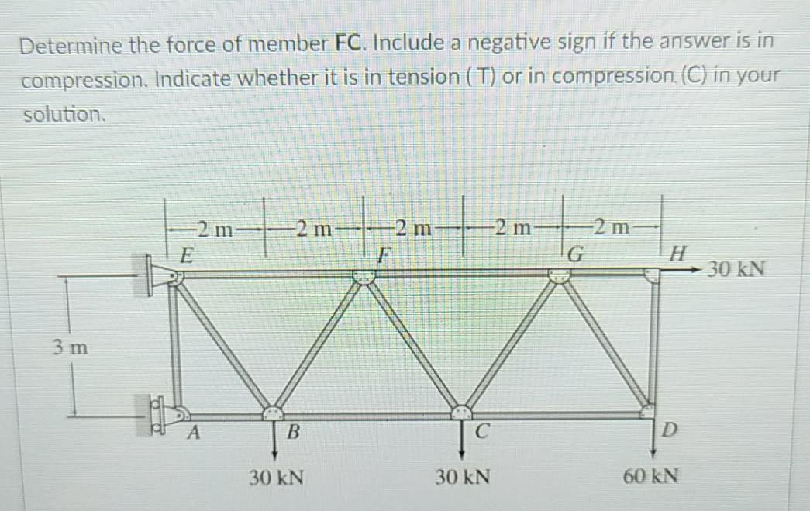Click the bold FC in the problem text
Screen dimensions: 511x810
[350, 44]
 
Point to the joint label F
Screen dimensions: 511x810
[382, 254]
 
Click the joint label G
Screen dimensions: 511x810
[575, 254]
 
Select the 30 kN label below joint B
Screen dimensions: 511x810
[276, 475]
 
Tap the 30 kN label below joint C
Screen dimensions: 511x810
[462, 475]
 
